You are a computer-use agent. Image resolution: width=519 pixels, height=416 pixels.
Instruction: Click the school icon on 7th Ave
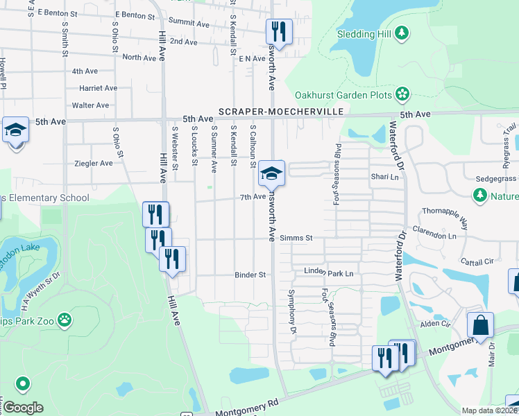(272, 174)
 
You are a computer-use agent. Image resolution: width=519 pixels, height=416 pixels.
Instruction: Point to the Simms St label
(296, 238)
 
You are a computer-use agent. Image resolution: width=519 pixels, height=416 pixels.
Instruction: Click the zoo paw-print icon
(64, 320)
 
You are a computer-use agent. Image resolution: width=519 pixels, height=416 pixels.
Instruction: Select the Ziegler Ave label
(93, 164)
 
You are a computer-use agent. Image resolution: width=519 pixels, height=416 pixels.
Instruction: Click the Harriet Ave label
(98, 88)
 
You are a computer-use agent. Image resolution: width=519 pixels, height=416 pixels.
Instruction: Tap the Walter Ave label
(91, 105)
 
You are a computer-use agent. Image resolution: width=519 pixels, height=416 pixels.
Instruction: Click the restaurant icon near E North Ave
(279, 31)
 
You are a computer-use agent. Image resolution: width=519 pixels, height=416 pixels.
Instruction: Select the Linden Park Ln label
(328, 274)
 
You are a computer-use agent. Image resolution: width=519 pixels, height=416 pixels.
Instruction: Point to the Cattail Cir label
(477, 262)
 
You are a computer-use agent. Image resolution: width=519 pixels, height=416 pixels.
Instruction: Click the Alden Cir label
(436, 324)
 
